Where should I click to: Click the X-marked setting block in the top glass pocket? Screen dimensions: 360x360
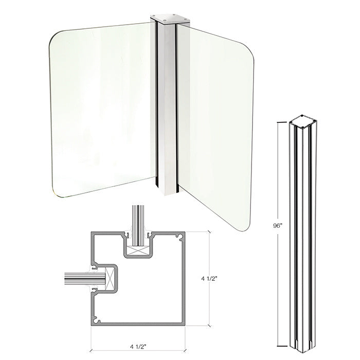(x=137, y=251)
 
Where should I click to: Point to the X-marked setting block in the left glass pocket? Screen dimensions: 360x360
(x=109, y=279)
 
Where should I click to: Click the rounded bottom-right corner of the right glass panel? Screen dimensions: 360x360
(x=246, y=225)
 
